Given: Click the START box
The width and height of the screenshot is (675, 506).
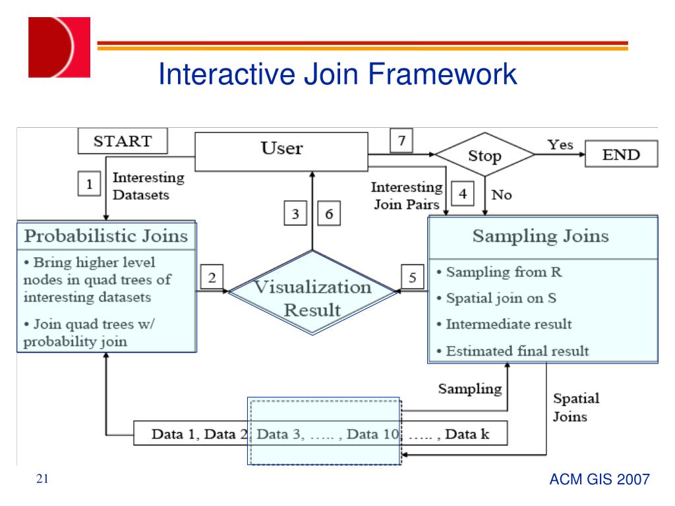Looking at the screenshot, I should (x=123, y=141).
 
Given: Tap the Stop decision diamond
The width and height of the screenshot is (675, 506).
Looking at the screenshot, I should (x=484, y=156).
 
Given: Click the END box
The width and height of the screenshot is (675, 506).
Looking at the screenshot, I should (x=621, y=154).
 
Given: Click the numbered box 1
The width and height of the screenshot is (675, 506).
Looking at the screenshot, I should (x=89, y=184).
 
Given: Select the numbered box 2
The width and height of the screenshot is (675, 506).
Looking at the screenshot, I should (x=212, y=279).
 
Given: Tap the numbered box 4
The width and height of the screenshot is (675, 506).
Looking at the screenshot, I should (x=463, y=194).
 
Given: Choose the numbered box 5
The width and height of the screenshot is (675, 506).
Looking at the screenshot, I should (x=412, y=279).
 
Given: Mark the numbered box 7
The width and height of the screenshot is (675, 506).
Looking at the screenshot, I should (x=401, y=140).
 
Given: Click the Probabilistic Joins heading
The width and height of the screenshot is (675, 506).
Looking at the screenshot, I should (x=106, y=235).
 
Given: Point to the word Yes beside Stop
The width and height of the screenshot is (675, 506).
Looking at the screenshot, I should (x=560, y=145).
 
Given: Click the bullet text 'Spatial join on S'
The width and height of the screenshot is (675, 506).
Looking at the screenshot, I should (x=501, y=298).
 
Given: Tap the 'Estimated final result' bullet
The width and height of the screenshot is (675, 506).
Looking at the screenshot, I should (x=517, y=351).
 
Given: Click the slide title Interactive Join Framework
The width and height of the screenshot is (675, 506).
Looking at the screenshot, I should (x=337, y=74).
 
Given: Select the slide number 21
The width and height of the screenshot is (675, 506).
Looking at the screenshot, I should (x=43, y=479).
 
